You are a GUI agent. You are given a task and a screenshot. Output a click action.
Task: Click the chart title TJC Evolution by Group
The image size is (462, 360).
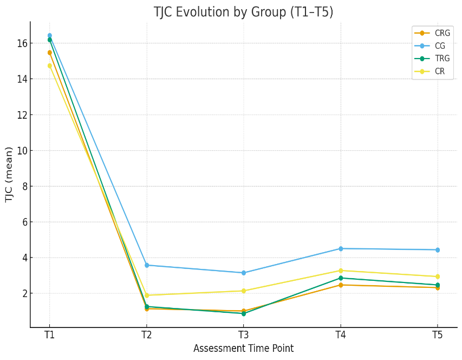click(243, 12)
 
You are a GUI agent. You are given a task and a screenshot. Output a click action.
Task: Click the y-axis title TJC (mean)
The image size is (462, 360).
click(9, 175)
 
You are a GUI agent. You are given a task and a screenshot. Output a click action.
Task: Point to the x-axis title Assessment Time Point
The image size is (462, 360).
click(243, 349)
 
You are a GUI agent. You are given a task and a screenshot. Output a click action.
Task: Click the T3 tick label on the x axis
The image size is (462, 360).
click(243, 335)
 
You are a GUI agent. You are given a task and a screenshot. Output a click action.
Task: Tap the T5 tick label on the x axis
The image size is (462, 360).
click(438, 335)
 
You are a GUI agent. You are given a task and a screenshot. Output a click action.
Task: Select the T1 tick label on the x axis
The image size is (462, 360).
click(49, 335)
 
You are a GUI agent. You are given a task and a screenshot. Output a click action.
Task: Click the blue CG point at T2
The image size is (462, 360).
click(147, 265)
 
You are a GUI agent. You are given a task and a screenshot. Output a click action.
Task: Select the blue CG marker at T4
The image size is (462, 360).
click(341, 248)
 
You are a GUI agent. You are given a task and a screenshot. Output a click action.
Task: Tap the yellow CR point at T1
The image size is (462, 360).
click(50, 66)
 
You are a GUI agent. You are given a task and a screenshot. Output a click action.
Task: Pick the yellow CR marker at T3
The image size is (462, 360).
click(243, 291)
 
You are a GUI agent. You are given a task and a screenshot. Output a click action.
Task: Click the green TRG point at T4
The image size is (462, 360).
click(341, 278)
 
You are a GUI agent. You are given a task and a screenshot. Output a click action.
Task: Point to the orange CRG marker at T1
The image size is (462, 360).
click(50, 53)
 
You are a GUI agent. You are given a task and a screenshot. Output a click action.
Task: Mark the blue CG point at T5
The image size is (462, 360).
click(438, 250)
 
